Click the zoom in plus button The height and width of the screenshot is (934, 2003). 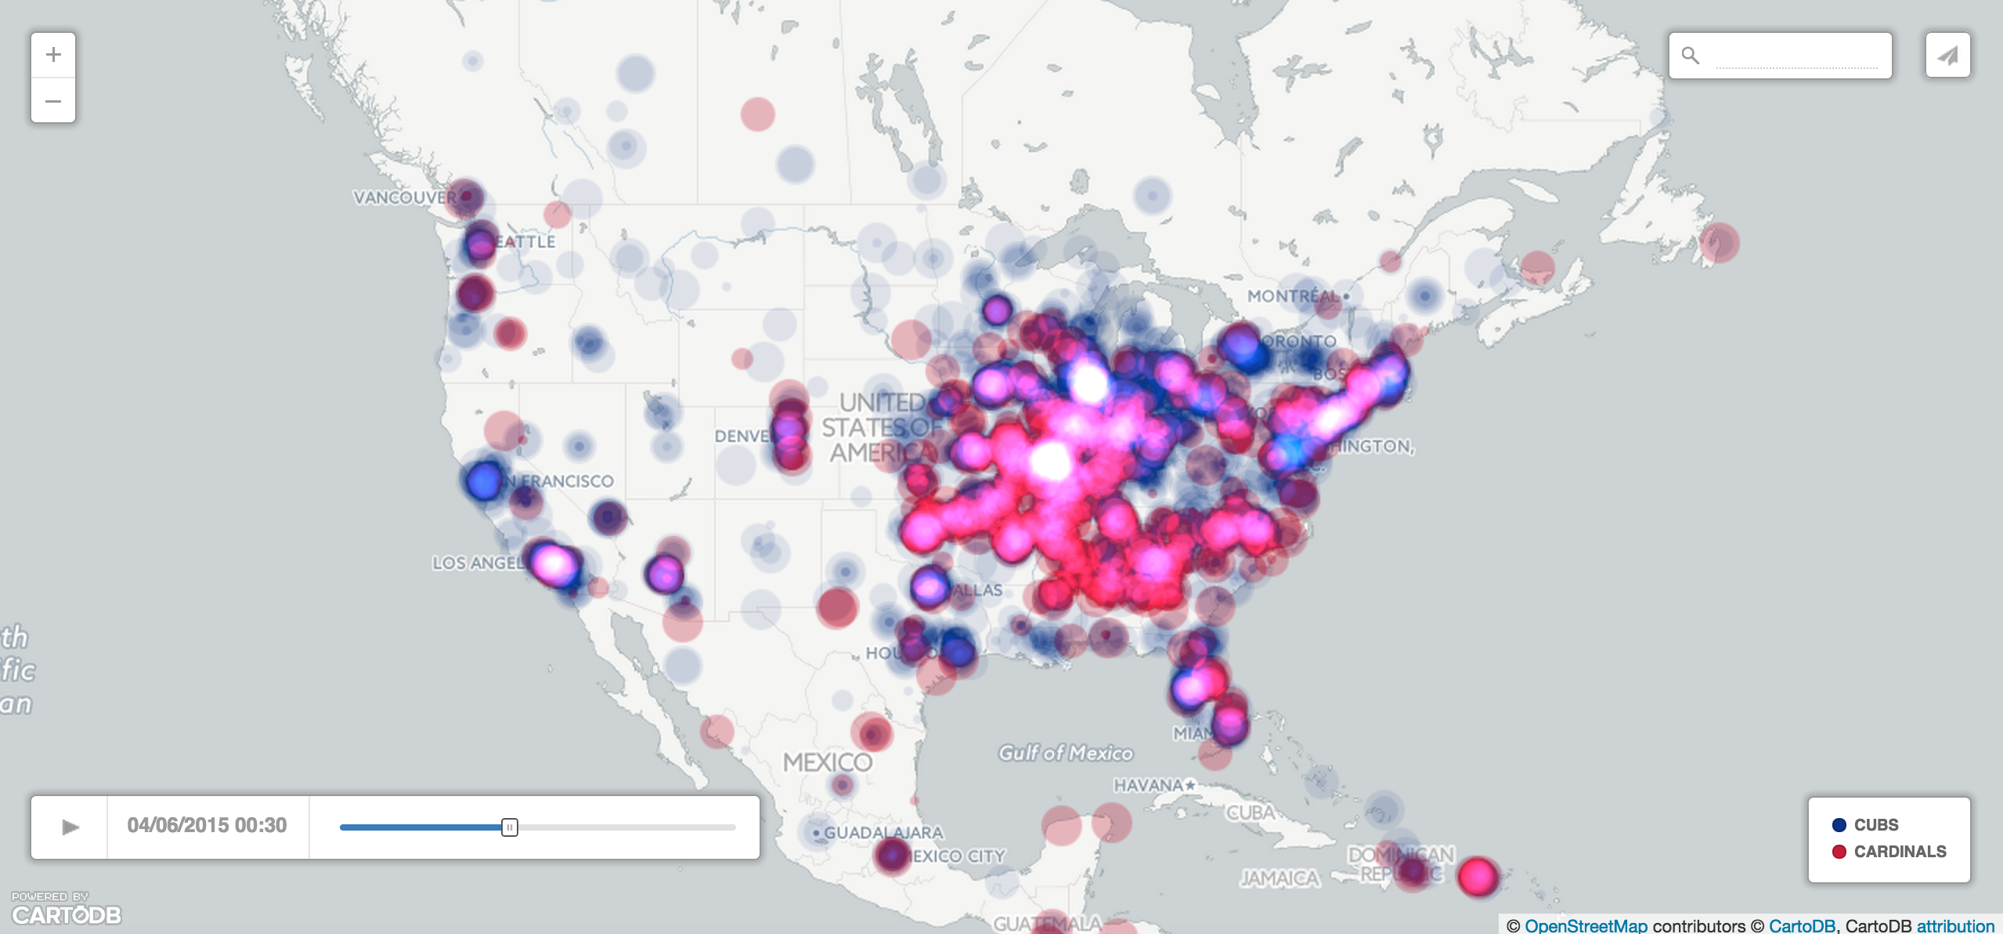[53, 55]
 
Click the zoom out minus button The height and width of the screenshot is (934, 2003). [53, 101]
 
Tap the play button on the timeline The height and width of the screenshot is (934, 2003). [70, 827]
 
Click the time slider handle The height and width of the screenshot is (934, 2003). [510, 827]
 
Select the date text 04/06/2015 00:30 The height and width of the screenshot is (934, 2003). [207, 825]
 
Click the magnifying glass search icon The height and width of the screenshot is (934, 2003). [1691, 56]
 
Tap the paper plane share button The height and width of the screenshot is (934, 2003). [1947, 55]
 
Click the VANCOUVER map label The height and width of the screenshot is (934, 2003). [404, 197]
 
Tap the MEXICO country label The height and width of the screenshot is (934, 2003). [827, 762]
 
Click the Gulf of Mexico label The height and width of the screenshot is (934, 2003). [1065, 753]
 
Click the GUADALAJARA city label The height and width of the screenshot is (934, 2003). [882, 832]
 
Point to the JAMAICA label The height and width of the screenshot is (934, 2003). [1279, 878]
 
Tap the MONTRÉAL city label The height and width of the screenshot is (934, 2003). [1294, 296]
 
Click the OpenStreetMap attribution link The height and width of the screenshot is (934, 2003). [1586, 925]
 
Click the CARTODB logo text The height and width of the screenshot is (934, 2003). [67, 914]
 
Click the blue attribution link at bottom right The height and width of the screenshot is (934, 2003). [1955, 925]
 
